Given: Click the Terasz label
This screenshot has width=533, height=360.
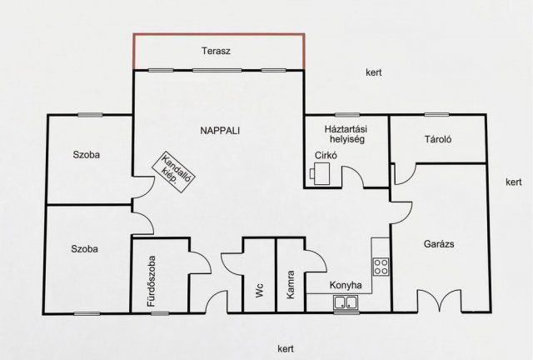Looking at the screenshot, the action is pyautogui.click(x=216, y=51).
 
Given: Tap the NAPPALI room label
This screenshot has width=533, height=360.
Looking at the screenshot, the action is pyautogui.click(x=220, y=131).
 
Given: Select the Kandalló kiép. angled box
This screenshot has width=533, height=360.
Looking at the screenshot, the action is pyautogui.click(x=173, y=172).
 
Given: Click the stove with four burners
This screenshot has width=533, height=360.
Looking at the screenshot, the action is pyautogui.click(x=381, y=267).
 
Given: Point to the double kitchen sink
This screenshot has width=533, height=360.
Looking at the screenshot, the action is pyautogui.click(x=346, y=302).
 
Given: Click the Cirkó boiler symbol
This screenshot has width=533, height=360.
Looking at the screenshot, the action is pyautogui.click(x=320, y=173).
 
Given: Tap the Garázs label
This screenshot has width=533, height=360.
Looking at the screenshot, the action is pyautogui.click(x=439, y=244).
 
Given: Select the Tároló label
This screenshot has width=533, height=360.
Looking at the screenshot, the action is pyautogui.click(x=438, y=139).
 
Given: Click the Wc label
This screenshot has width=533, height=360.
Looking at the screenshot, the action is pyautogui.click(x=260, y=290).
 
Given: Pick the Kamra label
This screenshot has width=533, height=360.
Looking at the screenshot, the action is pyautogui.click(x=290, y=285).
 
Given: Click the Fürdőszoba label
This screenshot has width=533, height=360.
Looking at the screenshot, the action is pyautogui.click(x=152, y=281).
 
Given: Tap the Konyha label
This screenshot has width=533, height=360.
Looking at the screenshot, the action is pyautogui.click(x=346, y=285).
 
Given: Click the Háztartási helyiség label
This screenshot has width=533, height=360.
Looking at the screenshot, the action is pyautogui.click(x=346, y=134).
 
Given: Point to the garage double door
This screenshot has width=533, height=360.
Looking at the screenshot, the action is pyautogui.click(x=440, y=301).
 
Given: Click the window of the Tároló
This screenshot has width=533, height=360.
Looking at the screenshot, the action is pyautogui.click(x=436, y=115).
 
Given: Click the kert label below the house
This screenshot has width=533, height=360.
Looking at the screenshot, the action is pyautogui.click(x=286, y=348).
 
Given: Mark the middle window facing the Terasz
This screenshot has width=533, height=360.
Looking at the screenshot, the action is pyautogui.click(x=217, y=71).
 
